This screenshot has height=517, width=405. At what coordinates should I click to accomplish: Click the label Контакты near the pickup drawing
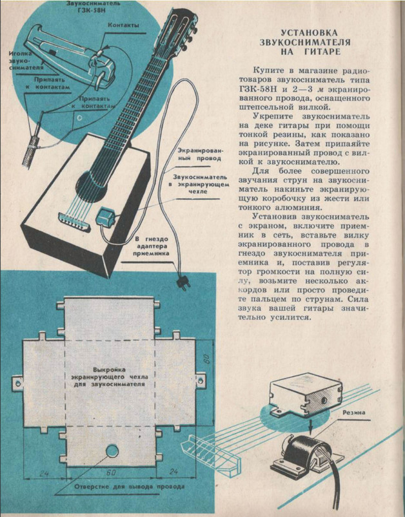pyautogui.click(x=123, y=26)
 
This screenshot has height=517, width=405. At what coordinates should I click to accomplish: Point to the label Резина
pyautogui.click(x=354, y=412)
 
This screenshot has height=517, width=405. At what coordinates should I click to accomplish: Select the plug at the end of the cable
pyautogui.click(x=182, y=283)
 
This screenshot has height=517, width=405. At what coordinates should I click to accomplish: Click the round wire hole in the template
pyautogui.click(x=112, y=450)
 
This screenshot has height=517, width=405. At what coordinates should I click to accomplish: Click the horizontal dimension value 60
pyautogui.click(x=111, y=472)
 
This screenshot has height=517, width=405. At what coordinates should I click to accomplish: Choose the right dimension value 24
pyautogui.click(x=173, y=472)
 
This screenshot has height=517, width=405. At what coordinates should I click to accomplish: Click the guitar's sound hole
pyautogui.click(x=91, y=186)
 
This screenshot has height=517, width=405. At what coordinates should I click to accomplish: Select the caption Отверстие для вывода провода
pyautogui.click(x=129, y=487)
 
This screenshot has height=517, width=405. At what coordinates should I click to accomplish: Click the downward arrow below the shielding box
pyautogui.click(x=309, y=427)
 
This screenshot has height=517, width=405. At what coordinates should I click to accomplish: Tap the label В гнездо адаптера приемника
pyautogui.click(x=152, y=246)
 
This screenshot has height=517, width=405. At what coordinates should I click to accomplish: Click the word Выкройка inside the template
pyautogui.click(x=109, y=370)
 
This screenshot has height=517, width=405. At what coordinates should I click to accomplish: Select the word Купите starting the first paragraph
pyautogui.click(x=266, y=70)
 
